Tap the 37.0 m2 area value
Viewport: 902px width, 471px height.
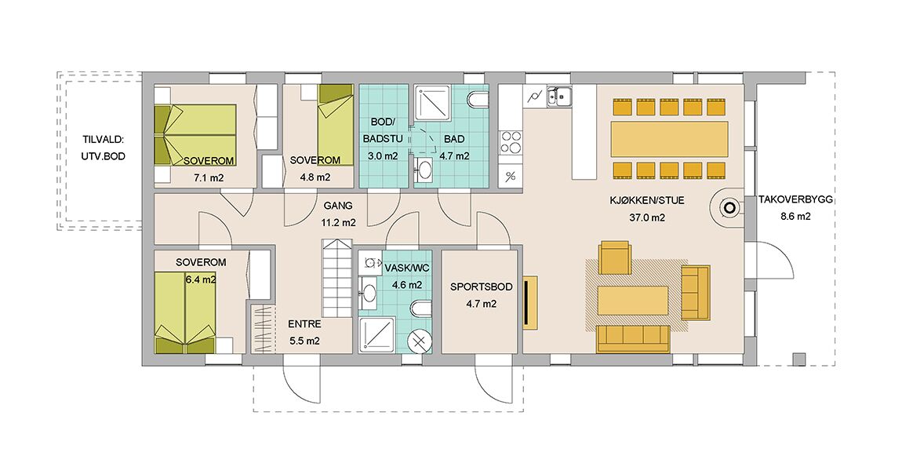point(647,217)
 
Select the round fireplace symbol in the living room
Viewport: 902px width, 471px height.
point(729,208)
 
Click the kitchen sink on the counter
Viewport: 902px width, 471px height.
point(558,97)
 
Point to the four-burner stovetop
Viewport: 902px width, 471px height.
point(511,144)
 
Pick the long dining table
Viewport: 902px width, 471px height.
point(670,139)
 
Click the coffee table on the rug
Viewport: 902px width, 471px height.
point(633,301)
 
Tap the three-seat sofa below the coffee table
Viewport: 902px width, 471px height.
point(633,338)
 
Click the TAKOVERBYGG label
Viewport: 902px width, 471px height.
point(795,200)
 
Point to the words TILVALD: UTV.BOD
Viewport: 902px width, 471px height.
point(104,148)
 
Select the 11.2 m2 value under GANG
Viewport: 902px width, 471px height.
point(338,223)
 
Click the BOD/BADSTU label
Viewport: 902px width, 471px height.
point(383,130)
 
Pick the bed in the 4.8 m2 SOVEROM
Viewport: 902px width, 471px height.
point(336,125)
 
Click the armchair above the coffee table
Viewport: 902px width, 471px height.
point(615,257)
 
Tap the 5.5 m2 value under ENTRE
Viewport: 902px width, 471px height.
point(304,341)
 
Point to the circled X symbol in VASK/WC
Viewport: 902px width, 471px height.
point(419,341)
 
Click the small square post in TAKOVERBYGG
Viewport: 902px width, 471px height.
point(799,359)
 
